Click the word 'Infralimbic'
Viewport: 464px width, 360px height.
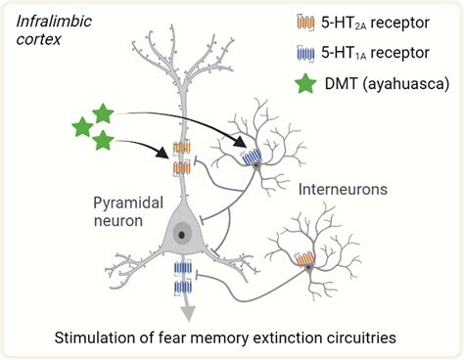(x=49, y=18)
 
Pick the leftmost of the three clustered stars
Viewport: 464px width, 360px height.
(x=82, y=126)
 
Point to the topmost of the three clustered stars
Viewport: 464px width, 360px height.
(x=103, y=112)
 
